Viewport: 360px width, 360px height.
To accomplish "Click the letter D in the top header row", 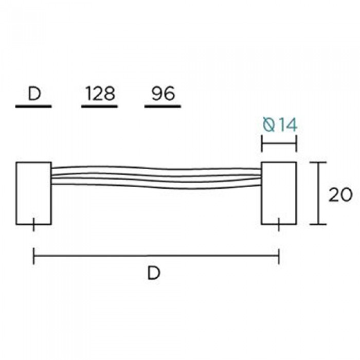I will [34, 94].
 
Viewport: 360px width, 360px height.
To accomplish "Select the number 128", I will [100, 94].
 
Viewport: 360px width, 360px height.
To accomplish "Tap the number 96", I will [163, 94].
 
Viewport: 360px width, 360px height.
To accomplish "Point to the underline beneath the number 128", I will [100, 107].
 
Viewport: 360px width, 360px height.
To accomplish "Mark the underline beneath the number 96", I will [163, 107].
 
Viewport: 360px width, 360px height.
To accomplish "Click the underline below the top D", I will [34, 107].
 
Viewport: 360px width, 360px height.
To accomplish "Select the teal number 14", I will [286, 125].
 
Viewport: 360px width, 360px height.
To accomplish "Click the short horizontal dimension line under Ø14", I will [279, 145].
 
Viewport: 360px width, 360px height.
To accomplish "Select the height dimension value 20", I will [340, 194].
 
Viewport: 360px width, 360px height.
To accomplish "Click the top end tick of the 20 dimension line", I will [319, 162].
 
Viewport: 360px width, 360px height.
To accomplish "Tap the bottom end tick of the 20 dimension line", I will [319, 224].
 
